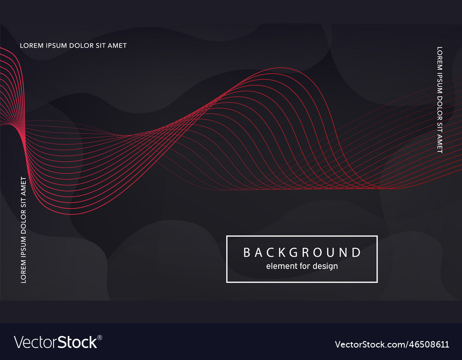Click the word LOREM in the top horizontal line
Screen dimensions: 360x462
coord(31,46)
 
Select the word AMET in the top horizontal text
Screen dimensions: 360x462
coord(117,46)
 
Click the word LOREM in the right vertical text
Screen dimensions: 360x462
coord(440,58)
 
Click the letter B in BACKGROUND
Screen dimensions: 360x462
coord(247,252)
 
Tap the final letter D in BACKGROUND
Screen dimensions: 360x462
coord(356,252)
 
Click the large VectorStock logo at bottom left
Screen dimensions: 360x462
coord(55,342)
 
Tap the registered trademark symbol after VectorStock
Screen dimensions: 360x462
coord(100,338)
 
